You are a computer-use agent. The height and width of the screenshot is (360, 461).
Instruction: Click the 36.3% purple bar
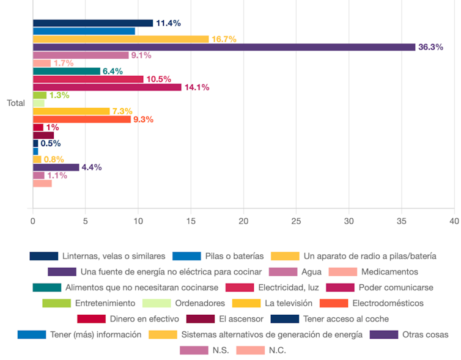click(224, 47)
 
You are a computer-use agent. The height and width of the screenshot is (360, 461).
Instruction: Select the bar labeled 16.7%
click(120, 39)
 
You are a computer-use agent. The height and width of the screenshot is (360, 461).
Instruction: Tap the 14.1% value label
click(197, 87)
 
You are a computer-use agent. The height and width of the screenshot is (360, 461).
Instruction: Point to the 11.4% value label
click(168, 23)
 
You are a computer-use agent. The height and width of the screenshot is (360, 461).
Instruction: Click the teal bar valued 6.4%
click(66, 71)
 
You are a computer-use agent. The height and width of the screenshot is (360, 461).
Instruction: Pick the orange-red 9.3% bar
click(81, 119)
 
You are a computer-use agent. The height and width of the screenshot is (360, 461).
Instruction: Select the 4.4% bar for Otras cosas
click(56, 167)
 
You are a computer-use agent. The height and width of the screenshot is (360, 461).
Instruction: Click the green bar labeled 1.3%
click(39, 95)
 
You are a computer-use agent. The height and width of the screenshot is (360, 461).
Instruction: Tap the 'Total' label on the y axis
click(16, 103)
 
